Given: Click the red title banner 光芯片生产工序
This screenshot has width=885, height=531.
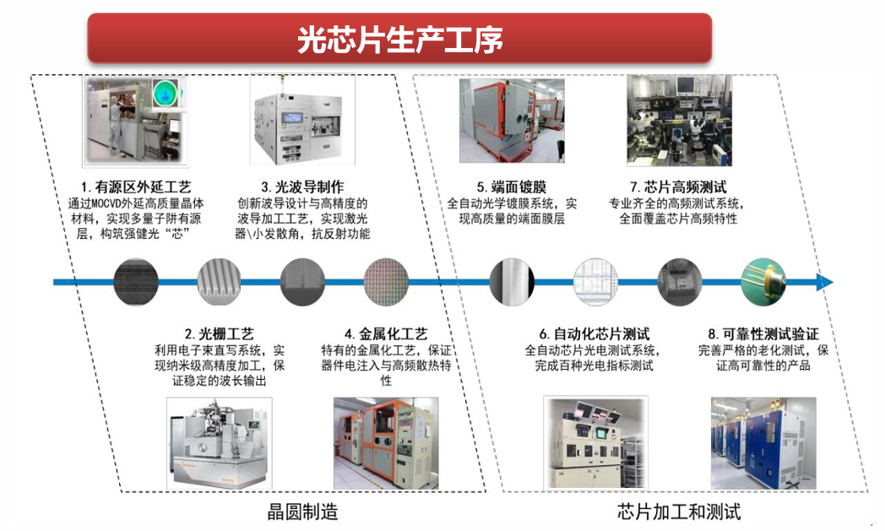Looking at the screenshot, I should (x=399, y=39).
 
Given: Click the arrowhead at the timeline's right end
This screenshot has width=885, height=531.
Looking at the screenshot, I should (x=825, y=282).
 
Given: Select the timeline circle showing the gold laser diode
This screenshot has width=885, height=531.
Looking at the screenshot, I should (x=763, y=282).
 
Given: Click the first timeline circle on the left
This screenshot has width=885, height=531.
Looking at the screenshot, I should (x=135, y=282).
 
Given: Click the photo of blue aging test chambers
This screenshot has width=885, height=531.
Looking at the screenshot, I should (x=763, y=444).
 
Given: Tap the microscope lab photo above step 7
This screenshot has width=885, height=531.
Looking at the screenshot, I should (x=679, y=119).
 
